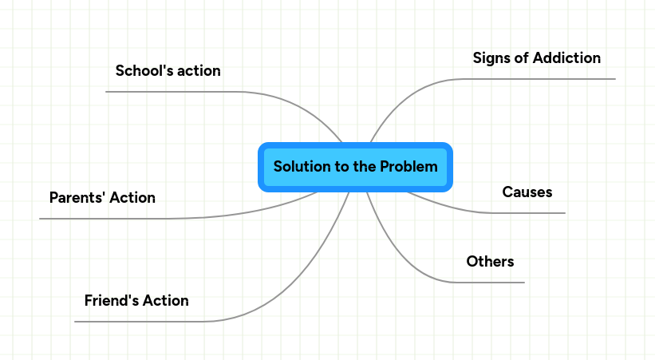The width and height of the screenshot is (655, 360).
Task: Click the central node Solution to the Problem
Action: pos(355,168)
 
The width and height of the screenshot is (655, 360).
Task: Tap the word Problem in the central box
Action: pos(408,167)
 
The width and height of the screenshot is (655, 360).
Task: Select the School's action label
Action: pos(168,70)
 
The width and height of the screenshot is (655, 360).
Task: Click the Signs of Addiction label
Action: pos(536,57)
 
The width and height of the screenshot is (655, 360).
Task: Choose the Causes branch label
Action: pos(527,192)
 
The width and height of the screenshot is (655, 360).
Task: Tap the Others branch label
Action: pos(490,261)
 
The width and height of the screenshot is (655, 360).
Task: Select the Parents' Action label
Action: pos(102,197)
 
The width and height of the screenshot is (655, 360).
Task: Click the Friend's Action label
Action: pos(136,301)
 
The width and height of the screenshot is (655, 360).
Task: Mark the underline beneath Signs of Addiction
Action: pos(543,79)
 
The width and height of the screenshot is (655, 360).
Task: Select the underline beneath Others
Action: pos(491,283)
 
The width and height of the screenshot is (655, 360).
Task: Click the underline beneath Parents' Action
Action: pos(104,218)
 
